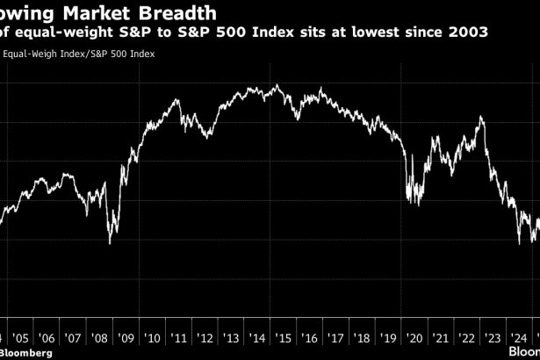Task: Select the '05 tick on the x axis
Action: (x=20, y=337)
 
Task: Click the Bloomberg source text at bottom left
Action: (x=26, y=352)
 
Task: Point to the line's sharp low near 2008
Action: (x=110, y=243)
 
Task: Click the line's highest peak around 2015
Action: (x=277, y=85)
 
